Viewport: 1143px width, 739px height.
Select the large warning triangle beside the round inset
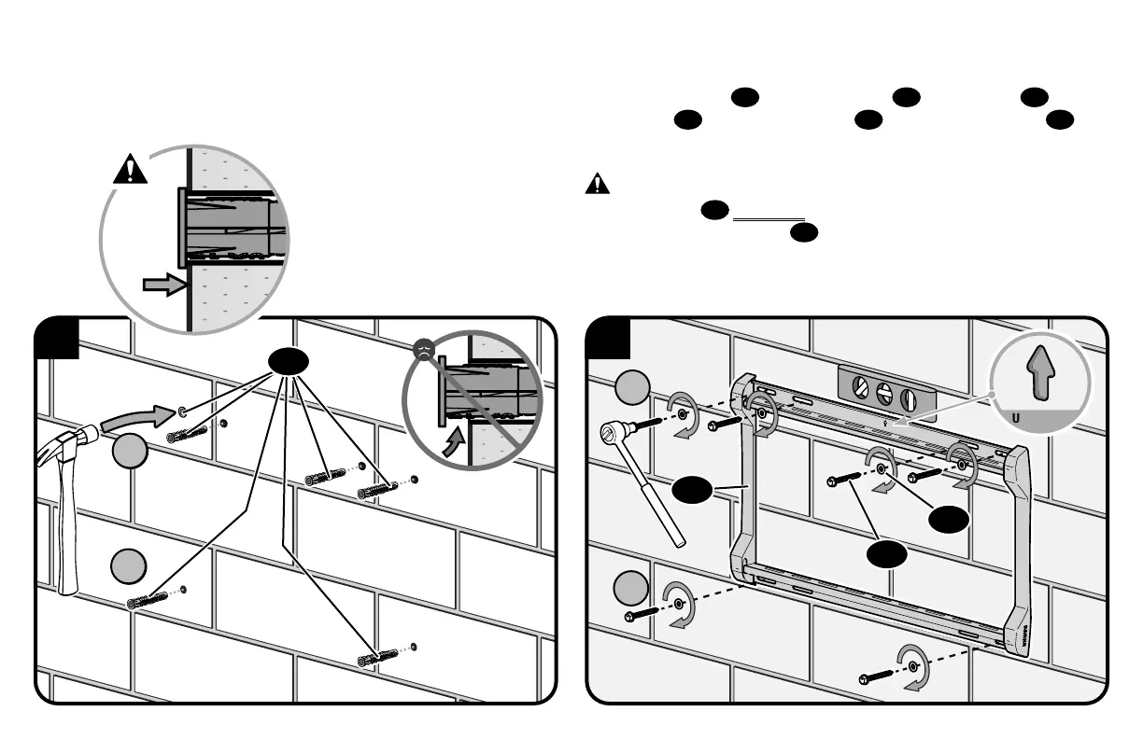point(131,170)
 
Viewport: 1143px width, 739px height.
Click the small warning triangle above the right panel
point(597,184)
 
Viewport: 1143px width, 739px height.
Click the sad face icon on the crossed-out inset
point(424,351)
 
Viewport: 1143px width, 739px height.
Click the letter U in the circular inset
point(1016,417)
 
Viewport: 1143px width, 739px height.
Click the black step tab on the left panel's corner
point(55,338)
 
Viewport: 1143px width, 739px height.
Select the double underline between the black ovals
point(769,219)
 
